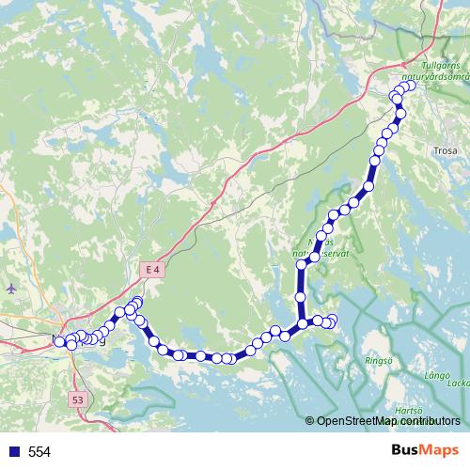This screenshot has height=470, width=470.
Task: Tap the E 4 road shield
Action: [x=153, y=270]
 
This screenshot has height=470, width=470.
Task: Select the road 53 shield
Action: [x=77, y=399]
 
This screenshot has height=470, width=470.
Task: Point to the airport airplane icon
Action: [x=10, y=287]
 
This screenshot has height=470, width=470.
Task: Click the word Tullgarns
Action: [x=442, y=66]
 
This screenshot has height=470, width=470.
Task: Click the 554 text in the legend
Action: [x=39, y=452]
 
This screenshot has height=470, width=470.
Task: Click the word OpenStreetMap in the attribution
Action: [x=351, y=420]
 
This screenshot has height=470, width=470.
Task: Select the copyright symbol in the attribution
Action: [x=311, y=420]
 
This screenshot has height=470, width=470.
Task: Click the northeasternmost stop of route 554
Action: [x=410, y=86]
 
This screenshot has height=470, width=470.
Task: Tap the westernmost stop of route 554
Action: [x=60, y=341]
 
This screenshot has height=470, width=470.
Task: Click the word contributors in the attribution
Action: [x=424, y=420]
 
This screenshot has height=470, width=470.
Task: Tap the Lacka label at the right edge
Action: [x=460, y=384]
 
